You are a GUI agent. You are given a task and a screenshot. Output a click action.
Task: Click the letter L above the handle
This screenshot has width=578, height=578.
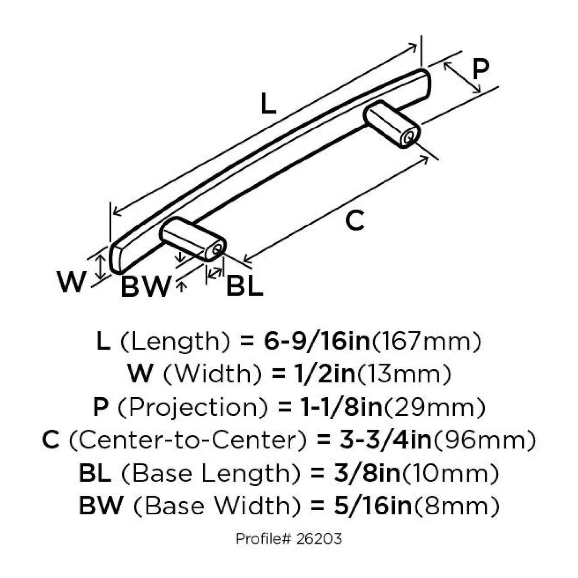pyautogui.click(x=268, y=104)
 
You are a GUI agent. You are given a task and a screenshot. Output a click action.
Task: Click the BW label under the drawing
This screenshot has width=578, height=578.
pyautogui.click(x=145, y=287)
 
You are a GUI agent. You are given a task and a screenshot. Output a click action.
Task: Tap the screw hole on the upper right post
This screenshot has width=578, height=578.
pyautogui.click(x=409, y=137)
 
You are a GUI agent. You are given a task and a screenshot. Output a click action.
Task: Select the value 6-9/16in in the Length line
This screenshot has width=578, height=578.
pyautogui.click(x=317, y=341)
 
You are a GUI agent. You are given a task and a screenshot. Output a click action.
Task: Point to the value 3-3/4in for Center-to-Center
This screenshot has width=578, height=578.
pyautogui.click(x=385, y=440)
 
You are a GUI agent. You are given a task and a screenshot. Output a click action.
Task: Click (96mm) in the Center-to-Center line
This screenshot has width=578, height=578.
pyautogui.click(x=484, y=440)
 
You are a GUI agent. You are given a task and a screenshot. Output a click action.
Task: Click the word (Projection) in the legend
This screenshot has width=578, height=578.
pyautogui.click(x=192, y=407)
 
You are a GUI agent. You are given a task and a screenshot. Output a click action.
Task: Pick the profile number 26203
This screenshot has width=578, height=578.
pyautogui.click(x=319, y=538)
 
